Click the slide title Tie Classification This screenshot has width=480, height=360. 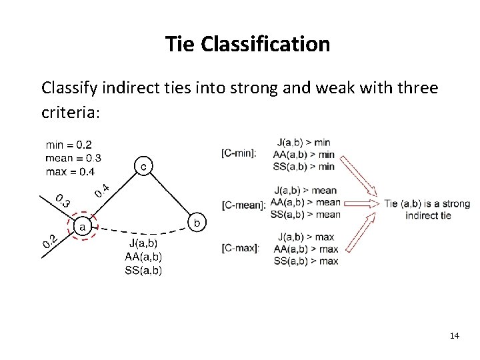click(x=247, y=45)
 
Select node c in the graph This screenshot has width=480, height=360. click(x=143, y=165)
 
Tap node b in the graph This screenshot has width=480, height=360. click(x=197, y=221)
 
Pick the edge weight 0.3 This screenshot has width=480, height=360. click(x=61, y=199)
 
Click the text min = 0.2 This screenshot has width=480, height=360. click(x=69, y=143)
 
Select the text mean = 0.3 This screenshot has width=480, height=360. click(x=73, y=158)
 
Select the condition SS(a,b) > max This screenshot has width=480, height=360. click(x=306, y=261)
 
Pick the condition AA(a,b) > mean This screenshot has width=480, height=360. click(x=305, y=202)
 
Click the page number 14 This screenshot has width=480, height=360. click(x=455, y=335)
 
